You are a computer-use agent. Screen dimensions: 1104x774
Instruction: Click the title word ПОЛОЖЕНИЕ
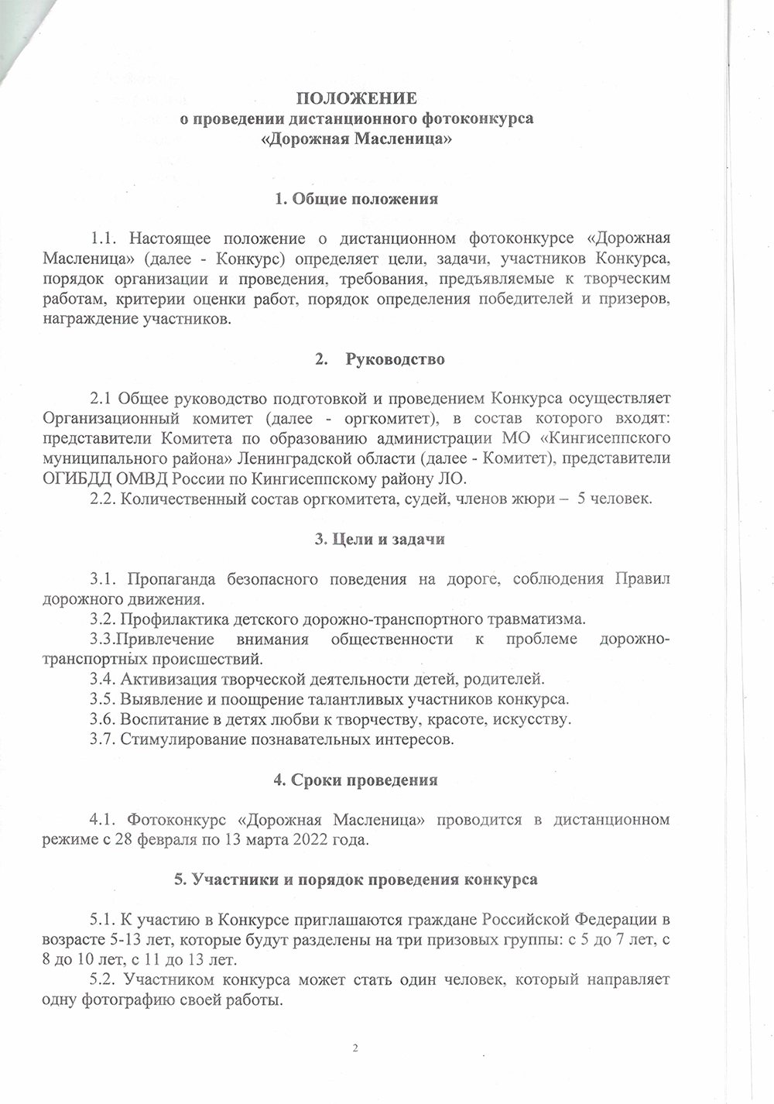357,98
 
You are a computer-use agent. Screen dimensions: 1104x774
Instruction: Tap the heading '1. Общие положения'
356,199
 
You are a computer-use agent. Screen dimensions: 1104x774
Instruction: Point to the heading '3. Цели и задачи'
379,539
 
